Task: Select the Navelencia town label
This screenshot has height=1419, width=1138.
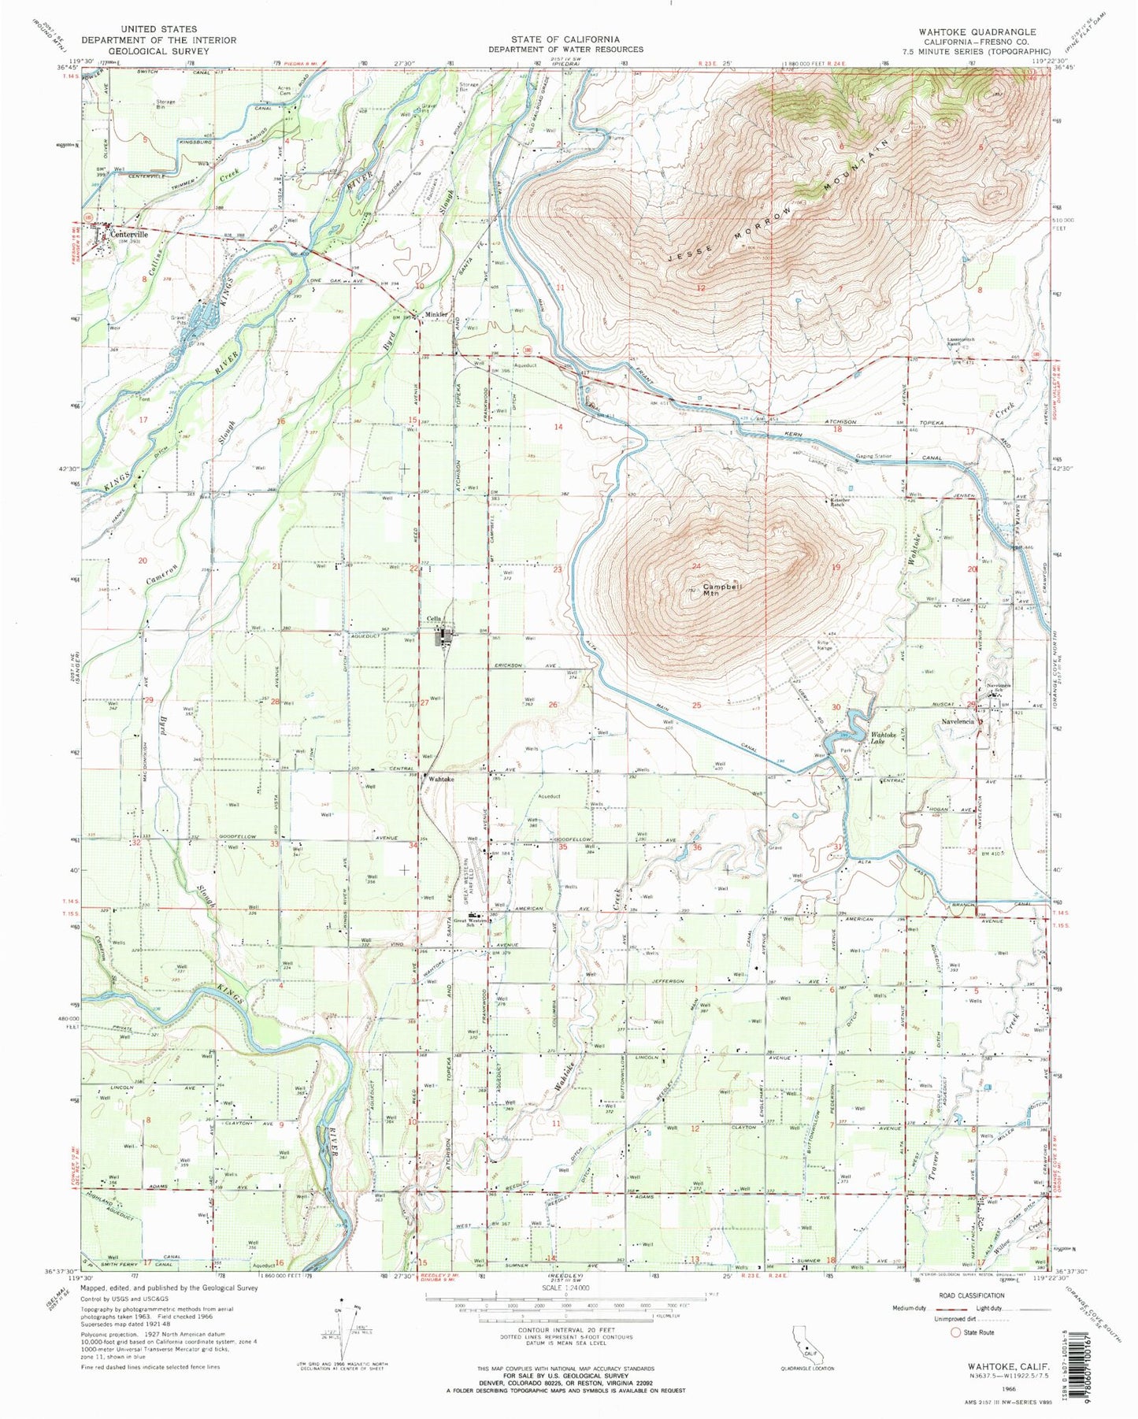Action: pyautogui.click(x=955, y=721)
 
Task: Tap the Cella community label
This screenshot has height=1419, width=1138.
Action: pyautogui.click(x=433, y=618)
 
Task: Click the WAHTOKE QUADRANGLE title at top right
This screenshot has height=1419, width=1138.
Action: pyautogui.click(x=977, y=31)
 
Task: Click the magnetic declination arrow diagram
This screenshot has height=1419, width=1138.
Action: pyautogui.click(x=345, y=1327)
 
